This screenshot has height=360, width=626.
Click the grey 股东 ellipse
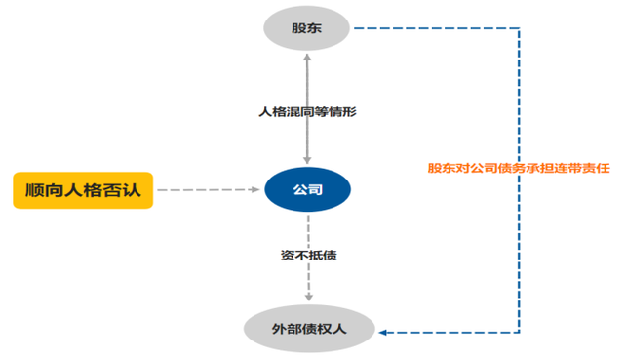pyautogui.click(x=307, y=28)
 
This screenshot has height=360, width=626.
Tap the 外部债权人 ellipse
pyautogui.click(x=308, y=330)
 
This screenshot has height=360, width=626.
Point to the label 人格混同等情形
pyautogui.click(x=307, y=112)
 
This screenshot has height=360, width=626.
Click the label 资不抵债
pyautogui.click(x=308, y=256)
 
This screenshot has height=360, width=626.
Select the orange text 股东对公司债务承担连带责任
pyautogui.click(x=518, y=168)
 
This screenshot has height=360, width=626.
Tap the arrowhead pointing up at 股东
pyautogui.click(x=308, y=59)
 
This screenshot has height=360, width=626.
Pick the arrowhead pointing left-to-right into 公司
pyautogui.click(x=258, y=189)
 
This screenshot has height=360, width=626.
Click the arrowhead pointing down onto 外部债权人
pyautogui.click(x=308, y=297)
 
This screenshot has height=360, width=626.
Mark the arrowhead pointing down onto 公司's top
pyautogui.click(x=308, y=160)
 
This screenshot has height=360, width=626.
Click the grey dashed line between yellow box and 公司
pyautogui.click(x=205, y=189)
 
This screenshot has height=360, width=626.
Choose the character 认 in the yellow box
pyautogui.click(x=131, y=189)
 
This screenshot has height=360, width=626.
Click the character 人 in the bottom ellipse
pyautogui.click(x=338, y=330)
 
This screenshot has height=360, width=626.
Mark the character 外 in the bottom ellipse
pyautogui.click(x=279, y=330)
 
